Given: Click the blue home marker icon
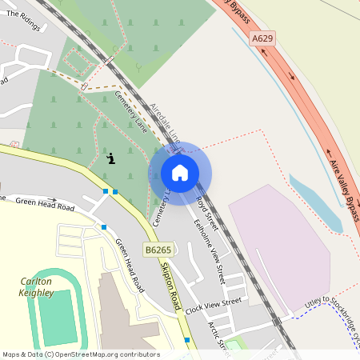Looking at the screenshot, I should [180, 173].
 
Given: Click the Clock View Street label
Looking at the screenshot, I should [213, 305].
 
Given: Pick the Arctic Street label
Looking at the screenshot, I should [218, 336].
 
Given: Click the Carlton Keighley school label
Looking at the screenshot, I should [36, 287].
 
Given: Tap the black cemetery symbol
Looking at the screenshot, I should [111, 158].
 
